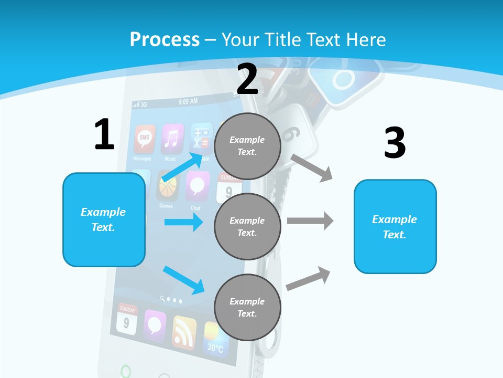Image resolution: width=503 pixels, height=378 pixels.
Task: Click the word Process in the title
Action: tap(165, 39)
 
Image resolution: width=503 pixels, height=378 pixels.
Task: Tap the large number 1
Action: tap(104, 134)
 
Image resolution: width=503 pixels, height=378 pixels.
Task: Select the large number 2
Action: tap(247, 79)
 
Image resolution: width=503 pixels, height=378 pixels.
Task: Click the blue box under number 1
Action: tap(104, 219)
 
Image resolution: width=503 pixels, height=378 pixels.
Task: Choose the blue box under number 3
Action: tap(395, 226)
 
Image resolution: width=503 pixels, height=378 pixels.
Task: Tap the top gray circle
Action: tap(247, 146)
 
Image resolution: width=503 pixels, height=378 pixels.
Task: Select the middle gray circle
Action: tap(247, 226)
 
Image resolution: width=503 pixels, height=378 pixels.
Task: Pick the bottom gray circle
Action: tap(247, 307)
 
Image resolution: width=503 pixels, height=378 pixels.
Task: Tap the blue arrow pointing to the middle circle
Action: tap(183, 222)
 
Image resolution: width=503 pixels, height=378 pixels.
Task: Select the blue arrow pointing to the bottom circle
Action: tap(183, 279)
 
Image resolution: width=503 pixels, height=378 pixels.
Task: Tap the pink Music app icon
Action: tap(172, 139)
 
